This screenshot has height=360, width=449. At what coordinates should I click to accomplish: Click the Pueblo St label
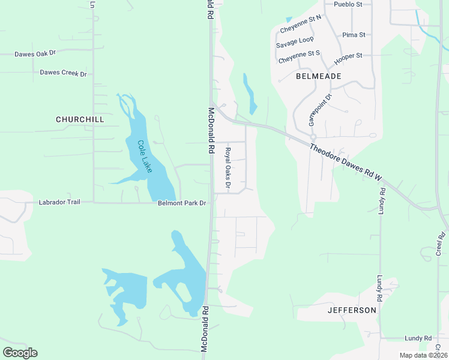click(x=348, y=4)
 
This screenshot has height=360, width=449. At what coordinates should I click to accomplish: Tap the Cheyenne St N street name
click(x=301, y=25)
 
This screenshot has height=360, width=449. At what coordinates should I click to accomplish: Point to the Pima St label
click(x=354, y=35)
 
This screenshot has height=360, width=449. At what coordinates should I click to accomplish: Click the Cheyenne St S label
click(x=299, y=56)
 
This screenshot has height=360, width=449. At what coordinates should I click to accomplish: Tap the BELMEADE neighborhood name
click(x=319, y=76)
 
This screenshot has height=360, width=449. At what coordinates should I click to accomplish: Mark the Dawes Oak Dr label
click(x=35, y=53)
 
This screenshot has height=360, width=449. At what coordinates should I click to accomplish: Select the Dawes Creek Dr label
click(x=63, y=73)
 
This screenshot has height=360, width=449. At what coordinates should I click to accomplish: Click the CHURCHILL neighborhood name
click(x=80, y=119)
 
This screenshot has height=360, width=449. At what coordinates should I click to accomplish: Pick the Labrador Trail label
click(x=59, y=202)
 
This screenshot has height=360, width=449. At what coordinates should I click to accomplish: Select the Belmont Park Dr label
click(x=182, y=203)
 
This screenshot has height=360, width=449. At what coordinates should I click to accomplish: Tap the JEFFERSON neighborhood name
click(x=352, y=310)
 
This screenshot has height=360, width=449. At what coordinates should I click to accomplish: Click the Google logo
click(x=20, y=353)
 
